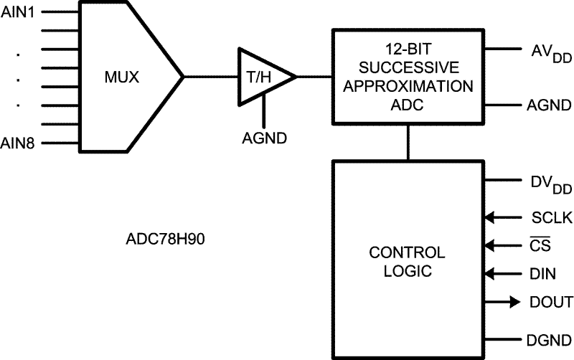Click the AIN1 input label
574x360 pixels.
click(x=20, y=13)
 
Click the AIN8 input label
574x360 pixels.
click(x=20, y=143)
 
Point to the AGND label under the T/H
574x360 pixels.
click(x=264, y=136)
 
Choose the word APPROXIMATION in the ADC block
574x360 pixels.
click(x=407, y=87)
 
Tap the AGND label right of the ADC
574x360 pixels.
click(x=547, y=105)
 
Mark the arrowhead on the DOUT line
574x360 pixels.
click(x=514, y=302)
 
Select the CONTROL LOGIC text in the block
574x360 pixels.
click(x=407, y=262)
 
